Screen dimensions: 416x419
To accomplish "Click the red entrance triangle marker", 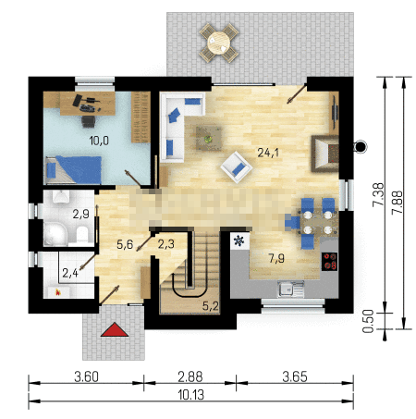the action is (115, 330).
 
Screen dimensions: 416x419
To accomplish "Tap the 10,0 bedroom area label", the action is (99, 141).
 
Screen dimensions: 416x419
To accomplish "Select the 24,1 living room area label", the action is (268, 153).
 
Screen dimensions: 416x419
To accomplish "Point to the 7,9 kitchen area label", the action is (276, 258).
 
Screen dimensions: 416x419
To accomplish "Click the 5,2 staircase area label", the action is (211, 305).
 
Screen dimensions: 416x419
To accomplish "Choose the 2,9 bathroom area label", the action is (81, 214).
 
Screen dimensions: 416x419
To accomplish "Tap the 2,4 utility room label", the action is (70, 273).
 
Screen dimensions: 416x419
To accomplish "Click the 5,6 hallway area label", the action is (125, 244).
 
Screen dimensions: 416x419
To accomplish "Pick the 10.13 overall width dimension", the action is (191, 395).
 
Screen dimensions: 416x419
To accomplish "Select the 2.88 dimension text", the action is (190, 376).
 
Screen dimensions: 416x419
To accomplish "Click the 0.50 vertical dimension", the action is (368, 321).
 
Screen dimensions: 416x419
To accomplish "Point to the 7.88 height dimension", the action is (397, 203).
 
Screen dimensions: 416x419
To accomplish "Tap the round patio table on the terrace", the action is (219, 43).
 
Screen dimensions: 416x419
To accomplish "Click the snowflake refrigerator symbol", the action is (239, 240).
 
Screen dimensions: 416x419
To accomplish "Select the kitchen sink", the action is (290, 289).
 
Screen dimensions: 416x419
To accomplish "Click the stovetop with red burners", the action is (329, 262).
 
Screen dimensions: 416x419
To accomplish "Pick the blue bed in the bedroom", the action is (74, 170).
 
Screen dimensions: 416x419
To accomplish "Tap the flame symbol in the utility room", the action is (57, 291).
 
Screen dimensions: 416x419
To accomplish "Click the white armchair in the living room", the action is (237, 167).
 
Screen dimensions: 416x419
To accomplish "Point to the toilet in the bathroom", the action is (82, 235).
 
